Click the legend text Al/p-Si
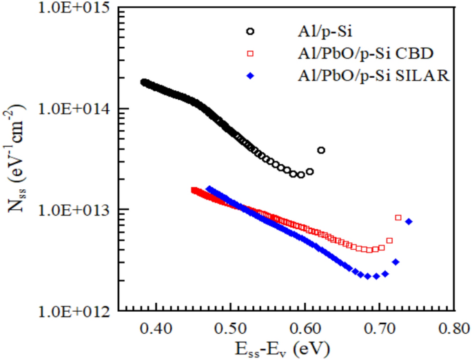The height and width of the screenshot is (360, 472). pos(315,31)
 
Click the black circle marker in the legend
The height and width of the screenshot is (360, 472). pos(250,31)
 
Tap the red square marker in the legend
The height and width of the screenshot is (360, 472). pos(250,54)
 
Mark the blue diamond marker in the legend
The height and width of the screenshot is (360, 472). pos(250,76)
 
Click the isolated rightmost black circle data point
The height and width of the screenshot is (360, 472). pos(321,150)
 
